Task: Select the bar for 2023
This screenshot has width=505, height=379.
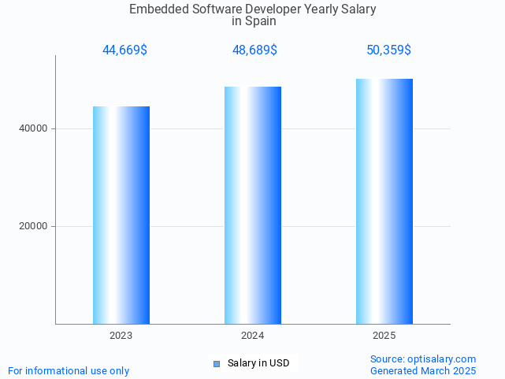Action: tap(121, 215)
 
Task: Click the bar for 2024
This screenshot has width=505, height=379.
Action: tap(253, 205)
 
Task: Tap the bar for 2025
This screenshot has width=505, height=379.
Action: tap(384, 201)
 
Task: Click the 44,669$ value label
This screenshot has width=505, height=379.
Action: tap(124, 50)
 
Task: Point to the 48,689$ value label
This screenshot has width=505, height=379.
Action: tap(254, 50)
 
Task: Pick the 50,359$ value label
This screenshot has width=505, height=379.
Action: tap(388, 50)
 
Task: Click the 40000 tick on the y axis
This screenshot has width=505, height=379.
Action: tap(34, 128)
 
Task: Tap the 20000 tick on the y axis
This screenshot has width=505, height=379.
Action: tap(34, 226)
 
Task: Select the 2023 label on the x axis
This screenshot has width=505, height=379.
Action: tap(121, 336)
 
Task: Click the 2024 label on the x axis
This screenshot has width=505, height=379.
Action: tap(253, 336)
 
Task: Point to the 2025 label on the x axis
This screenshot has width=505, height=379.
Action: tap(384, 336)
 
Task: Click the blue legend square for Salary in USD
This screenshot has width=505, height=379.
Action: tap(217, 363)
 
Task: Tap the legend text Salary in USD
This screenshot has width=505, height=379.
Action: tap(258, 363)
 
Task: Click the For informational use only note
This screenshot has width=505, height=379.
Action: tap(69, 370)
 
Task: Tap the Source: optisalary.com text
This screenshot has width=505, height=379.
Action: tap(423, 359)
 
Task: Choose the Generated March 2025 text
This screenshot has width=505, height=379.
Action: tap(423, 370)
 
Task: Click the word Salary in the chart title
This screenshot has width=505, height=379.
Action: tap(358, 9)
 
